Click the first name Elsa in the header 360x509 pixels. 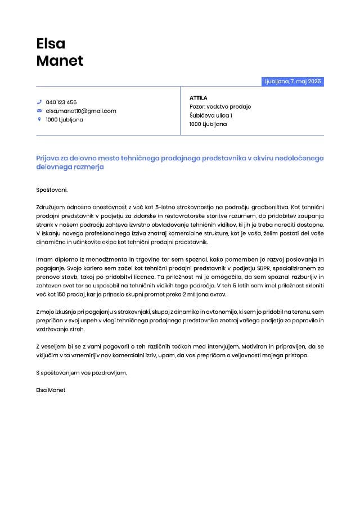[x=51, y=43]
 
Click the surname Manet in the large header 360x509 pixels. [x=60, y=61]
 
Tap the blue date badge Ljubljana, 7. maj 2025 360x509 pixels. [x=292, y=82]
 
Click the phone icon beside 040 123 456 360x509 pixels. [x=39, y=102]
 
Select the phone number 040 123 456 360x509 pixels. [x=61, y=102]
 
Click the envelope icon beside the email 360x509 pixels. [x=39, y=111]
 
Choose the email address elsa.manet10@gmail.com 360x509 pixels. [x=81, y=111]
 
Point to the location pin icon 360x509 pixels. [x=39, y=119]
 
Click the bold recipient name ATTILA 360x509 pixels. [x=199, y=98]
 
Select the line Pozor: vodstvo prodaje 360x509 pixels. [x=220, y=106]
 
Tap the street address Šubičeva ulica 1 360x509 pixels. [x=211, y=115]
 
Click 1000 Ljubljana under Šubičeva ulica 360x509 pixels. [x=208, y=124]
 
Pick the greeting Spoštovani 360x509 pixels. [x=51, y=190]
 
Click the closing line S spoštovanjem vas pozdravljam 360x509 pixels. [x=82, y=372]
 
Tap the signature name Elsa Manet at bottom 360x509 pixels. [x=51, y=390]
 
